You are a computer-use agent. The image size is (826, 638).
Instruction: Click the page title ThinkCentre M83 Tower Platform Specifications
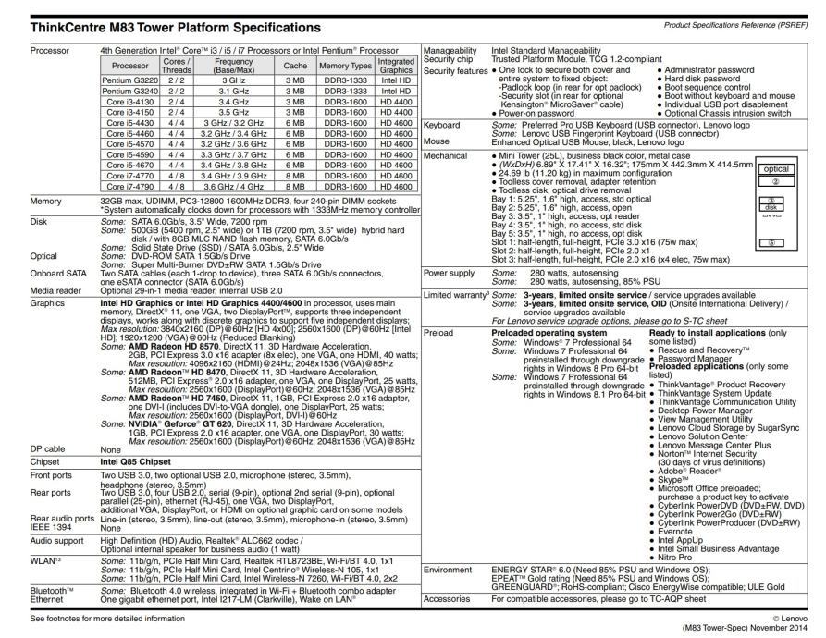pyautogui.click(x=163, y=27)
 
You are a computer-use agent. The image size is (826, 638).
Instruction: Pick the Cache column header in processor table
pyautogui.click(x=295, y=66)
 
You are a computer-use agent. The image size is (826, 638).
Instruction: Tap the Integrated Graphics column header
pyautogui.click(x=396, y=66)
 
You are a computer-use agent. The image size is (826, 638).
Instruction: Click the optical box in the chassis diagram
pyautogui.click(x=776, y=169)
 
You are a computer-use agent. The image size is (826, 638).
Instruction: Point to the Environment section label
pyautogui.click(x=450, y=571)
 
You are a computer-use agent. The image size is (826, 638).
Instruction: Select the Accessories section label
pyautogui.click(x=450, y=598)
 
